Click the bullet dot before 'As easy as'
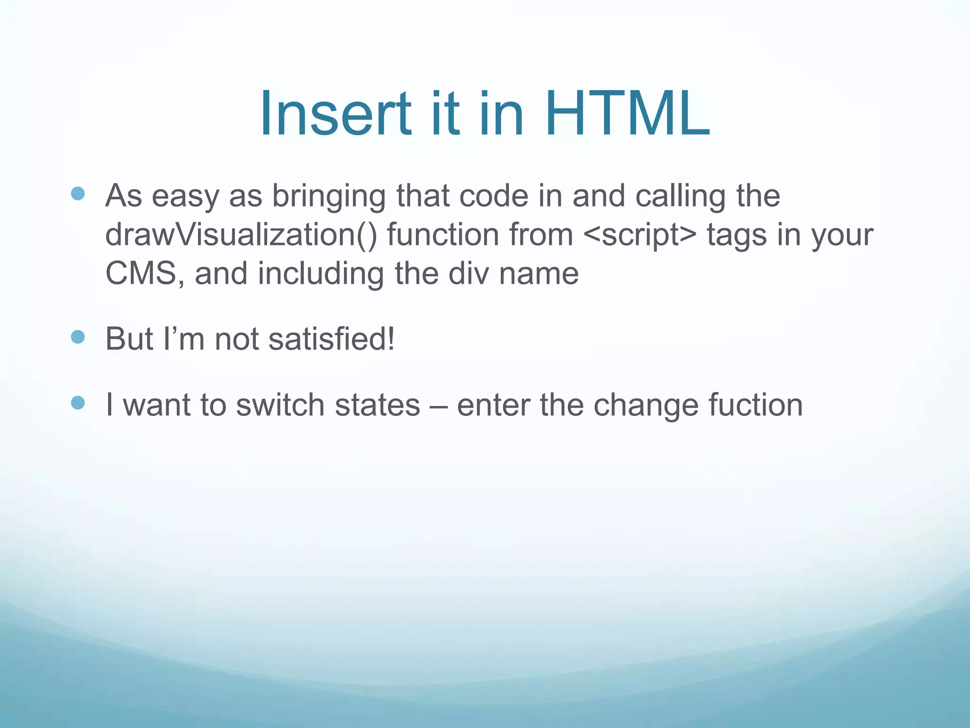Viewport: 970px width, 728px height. [78, 193]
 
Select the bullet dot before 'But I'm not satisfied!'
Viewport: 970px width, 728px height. [78, 337]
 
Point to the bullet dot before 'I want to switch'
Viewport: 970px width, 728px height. [78, 403]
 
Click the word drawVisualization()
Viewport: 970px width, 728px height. [241, 235]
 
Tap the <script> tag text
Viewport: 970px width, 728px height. [640, 235]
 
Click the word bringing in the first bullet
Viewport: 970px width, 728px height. [329, 196]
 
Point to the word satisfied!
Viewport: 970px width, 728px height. [331, 339]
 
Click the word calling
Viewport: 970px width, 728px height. [680, 196]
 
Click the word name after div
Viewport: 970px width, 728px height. [539, 275]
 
